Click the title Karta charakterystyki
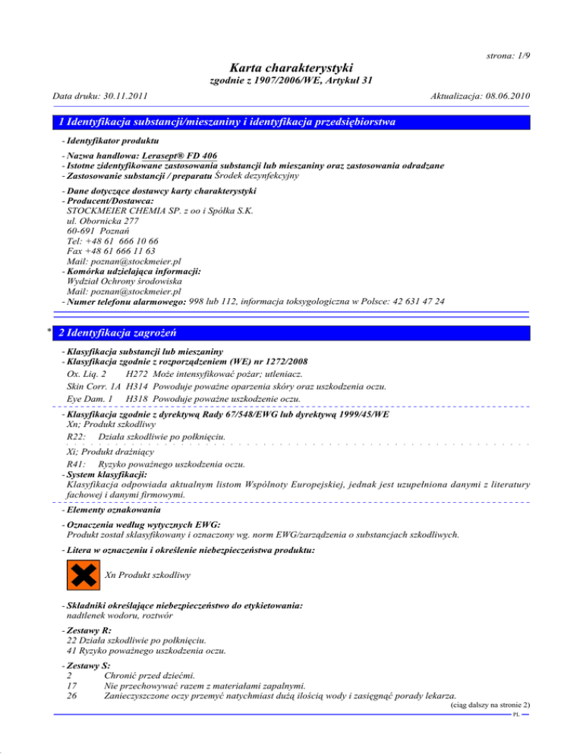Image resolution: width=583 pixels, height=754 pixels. point(291,70)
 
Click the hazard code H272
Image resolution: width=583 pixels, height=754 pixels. point(137,374)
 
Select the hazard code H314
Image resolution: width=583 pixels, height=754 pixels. point(137,386)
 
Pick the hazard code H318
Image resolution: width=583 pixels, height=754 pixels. point(137,398)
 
